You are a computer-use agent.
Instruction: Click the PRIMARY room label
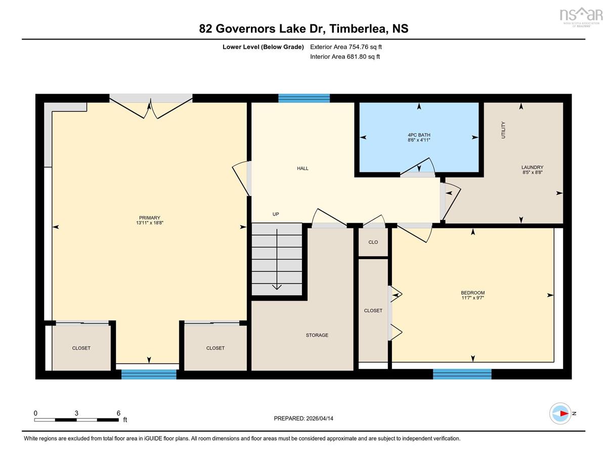149,218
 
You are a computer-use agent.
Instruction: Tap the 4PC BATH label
419,135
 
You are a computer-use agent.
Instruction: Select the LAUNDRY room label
532,167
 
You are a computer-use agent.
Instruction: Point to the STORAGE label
317,335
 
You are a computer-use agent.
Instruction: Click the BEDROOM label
472,293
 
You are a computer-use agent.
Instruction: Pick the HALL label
302,168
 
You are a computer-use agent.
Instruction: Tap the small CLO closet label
373,242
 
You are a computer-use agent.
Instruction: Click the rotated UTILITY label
503,130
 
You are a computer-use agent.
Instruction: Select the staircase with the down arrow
277,259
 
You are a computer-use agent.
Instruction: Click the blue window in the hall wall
304,98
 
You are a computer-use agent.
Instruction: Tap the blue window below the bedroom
462,374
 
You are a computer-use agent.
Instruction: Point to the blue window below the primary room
149,374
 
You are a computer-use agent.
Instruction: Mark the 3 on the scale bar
76,413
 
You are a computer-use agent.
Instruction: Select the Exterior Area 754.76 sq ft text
346,47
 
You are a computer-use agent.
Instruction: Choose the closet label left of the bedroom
373,311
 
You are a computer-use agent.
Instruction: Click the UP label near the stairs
276,214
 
